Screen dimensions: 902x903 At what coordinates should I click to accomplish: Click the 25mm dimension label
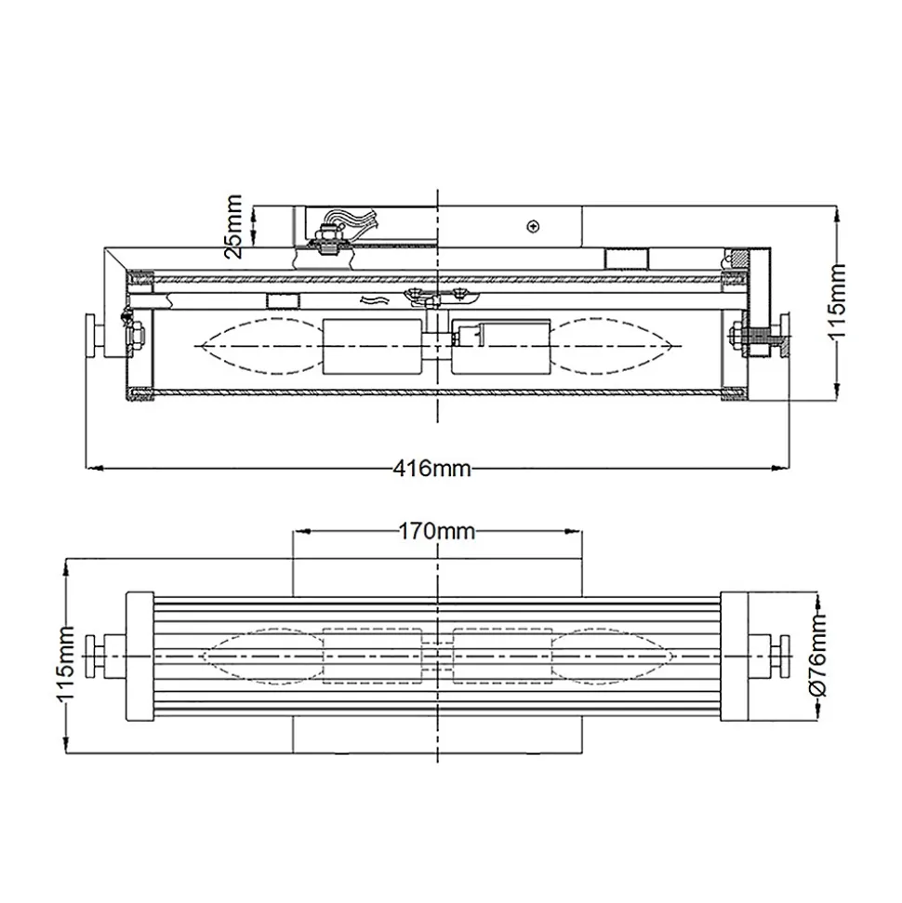pos(233,227)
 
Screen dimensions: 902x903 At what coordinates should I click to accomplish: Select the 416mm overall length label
pos(432,468)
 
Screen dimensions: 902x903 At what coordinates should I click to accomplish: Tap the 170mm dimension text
pos(437,531)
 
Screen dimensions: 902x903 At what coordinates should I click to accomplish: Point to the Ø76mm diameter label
pos(818,656)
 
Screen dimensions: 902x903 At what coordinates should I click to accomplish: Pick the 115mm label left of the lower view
pos(65,663)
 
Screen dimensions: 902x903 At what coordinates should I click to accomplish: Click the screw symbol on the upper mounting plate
pos(534,226)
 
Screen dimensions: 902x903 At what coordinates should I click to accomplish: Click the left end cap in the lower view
pos(139,656)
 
